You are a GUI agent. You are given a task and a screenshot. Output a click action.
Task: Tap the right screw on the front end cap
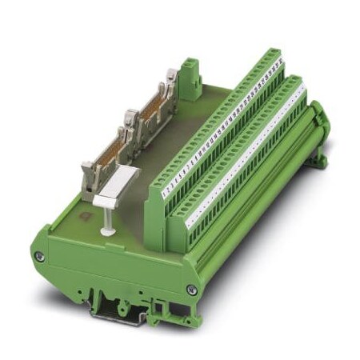pyautogui.click(x=190, y=290)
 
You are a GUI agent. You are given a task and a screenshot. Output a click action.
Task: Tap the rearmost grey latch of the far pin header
pyautogui.click(x=171, y=78)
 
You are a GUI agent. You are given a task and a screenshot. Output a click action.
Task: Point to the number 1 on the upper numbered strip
pyautogui.click(x=165, y=191)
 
